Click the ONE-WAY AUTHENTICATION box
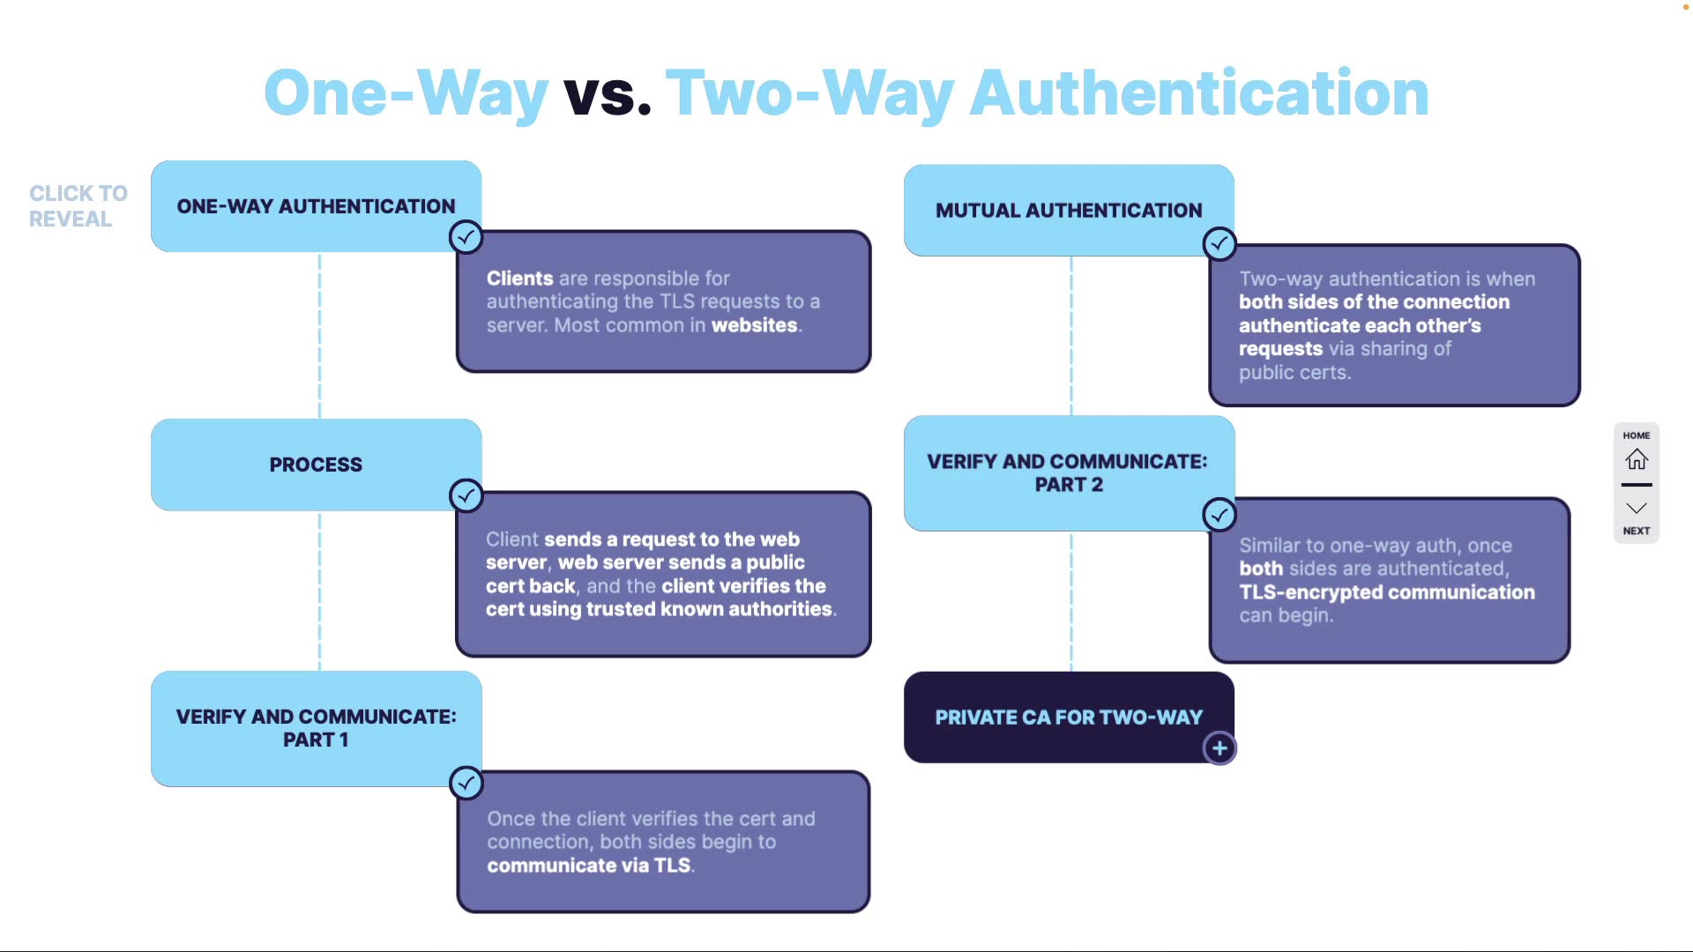click(316, 206)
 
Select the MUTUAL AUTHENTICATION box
click(1069, 211)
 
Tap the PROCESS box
click(316, 465)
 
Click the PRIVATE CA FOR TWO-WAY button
click(1069, 718)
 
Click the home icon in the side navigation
click(1637, 459)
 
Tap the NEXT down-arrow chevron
click(1637, 509)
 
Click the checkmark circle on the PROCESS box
click(466, 495)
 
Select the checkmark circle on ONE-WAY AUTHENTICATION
click(466, 236)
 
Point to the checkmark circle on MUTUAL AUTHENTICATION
click(1219, 243)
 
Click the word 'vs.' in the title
click(608, 93)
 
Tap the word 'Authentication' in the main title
click(1199, 93)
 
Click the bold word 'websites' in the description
click(754, 325)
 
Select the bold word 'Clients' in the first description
click(519, 279)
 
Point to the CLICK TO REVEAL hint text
click(78, 206)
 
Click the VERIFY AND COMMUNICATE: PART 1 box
click(316, 728)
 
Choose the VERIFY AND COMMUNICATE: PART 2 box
click(1069, 473)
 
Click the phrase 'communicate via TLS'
click(588, 866)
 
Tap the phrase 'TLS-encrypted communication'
click(1386, 592)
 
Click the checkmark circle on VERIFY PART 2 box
click(1219, 515)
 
